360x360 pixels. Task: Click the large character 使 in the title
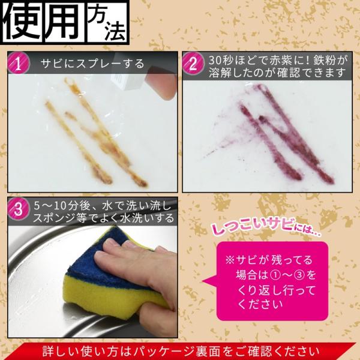click(x=23, y=22)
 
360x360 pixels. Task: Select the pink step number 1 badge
click(x=19, y=63)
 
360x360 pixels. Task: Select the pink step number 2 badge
click(x=193, y=64)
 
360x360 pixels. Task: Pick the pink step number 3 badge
click(x=19, y=209)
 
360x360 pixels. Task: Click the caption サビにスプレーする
click(x=92, y=64)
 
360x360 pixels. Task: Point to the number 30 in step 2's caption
click(x=216, y=61)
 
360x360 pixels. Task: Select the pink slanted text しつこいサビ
click(x=252, y=227)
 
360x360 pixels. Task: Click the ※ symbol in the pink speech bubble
click(x=229, y=260)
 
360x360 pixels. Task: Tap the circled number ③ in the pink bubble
click(x=299, y=275)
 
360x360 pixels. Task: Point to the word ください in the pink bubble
click(x=260, y=304)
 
